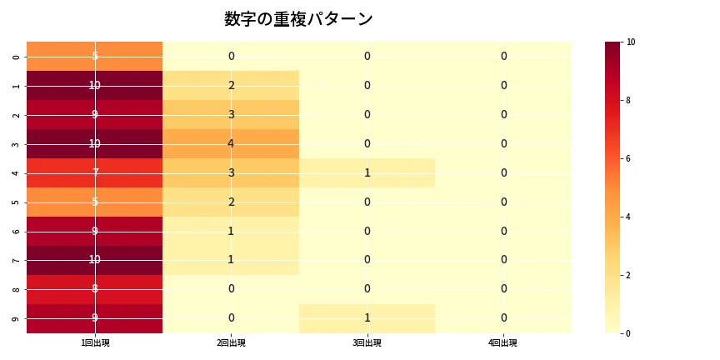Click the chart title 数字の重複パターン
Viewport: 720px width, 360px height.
coord(298,19)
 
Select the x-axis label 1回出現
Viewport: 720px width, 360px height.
coord(95,342)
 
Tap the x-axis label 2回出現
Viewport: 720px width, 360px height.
coord(231,342)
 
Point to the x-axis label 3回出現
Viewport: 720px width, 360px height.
coord(367,342)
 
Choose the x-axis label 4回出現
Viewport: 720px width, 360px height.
coord(503,342)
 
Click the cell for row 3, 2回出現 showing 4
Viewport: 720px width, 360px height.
coord(231,143)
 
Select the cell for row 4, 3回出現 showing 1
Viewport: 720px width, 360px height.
coord(367,172)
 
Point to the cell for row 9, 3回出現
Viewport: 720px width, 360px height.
coord(367,318)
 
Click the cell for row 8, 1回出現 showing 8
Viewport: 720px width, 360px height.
coord(95,289)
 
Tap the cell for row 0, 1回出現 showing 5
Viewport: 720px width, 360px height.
coord(95,57)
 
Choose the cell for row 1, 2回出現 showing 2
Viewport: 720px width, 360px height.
coord(231,85)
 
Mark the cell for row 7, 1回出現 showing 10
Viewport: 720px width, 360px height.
coord(95,260)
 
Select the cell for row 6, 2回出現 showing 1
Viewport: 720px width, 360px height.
coord(231,231)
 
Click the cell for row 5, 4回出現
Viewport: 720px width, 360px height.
coord(503,202)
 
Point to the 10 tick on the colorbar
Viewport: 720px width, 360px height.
coord(631,42)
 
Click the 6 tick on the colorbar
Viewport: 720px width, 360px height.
coord(631,158)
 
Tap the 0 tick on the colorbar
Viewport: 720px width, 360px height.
coord(631,333)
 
